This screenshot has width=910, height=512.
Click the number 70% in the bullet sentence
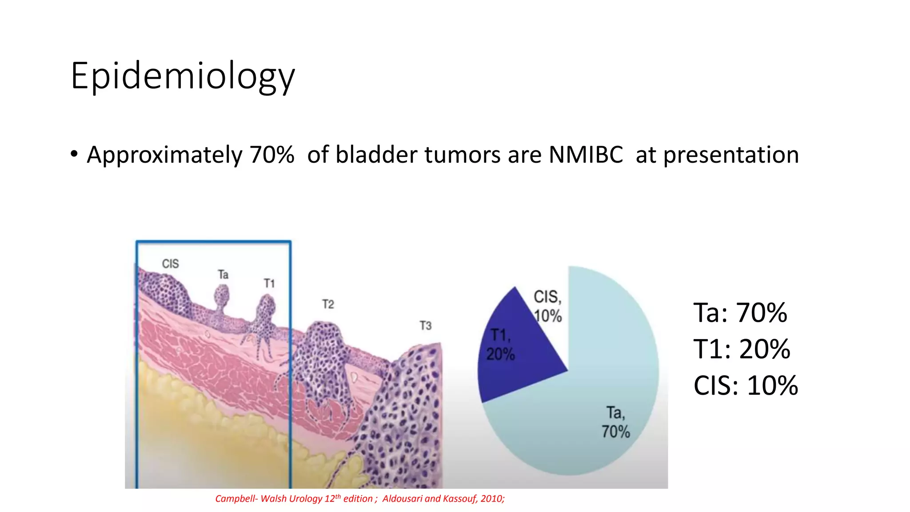pyautogui.click(x=271, y=155)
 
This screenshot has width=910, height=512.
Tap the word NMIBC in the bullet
pyautogui.click(x=586, y=155)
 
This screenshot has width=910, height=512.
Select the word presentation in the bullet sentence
pyautogui.click(x=731, y=155)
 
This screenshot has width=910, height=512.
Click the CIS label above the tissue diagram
pyautogui.click(x=170, y=264)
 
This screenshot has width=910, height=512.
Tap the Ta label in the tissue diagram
pyautogui.click(x=223, y=275)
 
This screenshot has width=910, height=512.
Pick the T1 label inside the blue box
pyautogui.click(x=269, y=284)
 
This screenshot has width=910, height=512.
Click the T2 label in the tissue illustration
pyautogui.click(x=328, y=304)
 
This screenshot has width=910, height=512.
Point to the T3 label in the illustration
pyautogui.click(x=425, y=326)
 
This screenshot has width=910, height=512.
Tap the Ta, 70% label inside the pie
pyautogui.click(x=615, y=422)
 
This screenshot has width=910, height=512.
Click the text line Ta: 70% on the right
pyautogui.click(x=740, y=312)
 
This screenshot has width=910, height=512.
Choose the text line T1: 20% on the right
pyautogui.click(x=742, y=349)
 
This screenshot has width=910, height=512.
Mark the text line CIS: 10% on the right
pyautogui.click(x=745, y=385)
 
